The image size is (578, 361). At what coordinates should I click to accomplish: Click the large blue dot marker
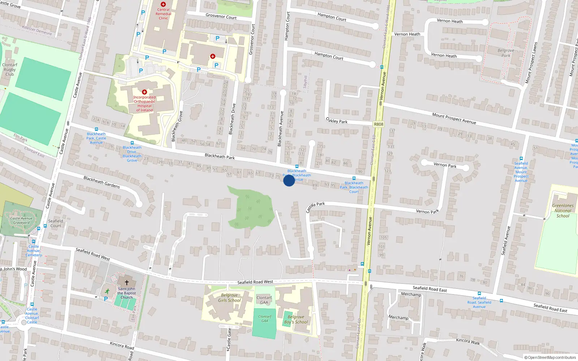coord(289,180)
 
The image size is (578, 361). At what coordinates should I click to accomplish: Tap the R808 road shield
coord(379,124)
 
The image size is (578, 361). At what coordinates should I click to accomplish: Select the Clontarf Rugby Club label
coord(10,70)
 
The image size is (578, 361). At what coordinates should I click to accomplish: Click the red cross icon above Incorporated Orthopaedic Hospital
coord(144,92)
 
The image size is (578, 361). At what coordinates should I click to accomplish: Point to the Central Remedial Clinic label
coord(163,14)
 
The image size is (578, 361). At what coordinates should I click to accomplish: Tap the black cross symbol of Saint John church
coord(126,283)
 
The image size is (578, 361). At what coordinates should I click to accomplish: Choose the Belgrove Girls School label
coord(229,298)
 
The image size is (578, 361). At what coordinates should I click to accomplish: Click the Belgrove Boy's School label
coord(296,319)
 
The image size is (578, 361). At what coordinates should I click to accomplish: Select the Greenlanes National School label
coord(563,210)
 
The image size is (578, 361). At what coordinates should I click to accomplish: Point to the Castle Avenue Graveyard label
coord(21,221)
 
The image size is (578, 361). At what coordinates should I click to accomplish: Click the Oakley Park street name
coord(337,121)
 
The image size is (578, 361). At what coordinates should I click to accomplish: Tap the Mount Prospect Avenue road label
coord(454,118)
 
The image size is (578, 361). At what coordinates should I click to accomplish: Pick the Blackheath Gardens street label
coord(102,182)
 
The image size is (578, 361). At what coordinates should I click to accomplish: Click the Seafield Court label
coord(56,223)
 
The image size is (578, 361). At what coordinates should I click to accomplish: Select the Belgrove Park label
coord(506,53)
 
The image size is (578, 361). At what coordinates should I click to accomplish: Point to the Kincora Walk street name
coord(468,341)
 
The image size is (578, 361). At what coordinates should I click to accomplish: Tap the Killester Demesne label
coord(37,31)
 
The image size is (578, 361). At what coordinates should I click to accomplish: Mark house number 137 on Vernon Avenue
coord(392,131)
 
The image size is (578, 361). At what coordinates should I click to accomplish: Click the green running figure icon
coord(107,291)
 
